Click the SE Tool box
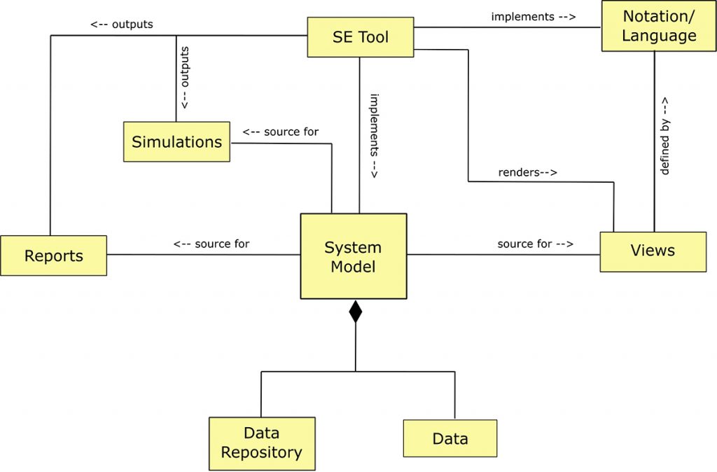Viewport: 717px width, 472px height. (x=360, y=37)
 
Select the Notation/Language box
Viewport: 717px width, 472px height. (x=659, y=26)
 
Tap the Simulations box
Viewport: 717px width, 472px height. (x=176, y=142)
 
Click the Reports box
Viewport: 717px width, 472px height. (x=53, y=256)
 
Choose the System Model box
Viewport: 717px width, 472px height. (x=354, y=256)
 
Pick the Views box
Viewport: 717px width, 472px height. (x=653, y=251)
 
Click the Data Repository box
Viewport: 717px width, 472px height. (x=262, y=443)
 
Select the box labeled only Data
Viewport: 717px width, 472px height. (x=450, y=439)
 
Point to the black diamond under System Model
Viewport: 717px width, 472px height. (x=356, y=311)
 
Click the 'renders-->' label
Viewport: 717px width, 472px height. (x=527, y=172)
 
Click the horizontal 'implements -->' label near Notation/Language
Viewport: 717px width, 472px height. (x=533, y=16)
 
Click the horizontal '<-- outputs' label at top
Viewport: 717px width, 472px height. (x=121, y=25)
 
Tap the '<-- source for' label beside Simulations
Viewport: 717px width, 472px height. (x=280, y=132)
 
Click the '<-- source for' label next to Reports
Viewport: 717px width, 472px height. (x=211, y=244)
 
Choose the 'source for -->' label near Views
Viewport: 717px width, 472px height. (x=535, y=244)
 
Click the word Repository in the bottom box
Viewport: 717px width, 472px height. (x=262, y=452)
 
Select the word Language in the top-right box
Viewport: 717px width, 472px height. (x=659, y=35)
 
